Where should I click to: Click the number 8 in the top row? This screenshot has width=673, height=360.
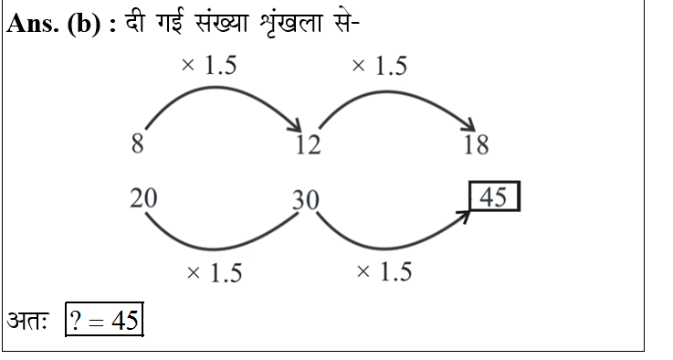click(x=137, y=143)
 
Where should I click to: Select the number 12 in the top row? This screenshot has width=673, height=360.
click(x=308, y=144)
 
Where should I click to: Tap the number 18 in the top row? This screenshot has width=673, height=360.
click(x=476, y=144)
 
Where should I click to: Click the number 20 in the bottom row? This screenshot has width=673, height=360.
click(x=142, y=196)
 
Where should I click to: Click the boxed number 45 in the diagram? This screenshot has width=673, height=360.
click(x=494, y=197)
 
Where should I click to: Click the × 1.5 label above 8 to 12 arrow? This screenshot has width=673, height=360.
click(x=210, y=66)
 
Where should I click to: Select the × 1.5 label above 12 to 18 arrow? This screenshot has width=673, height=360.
click(x=379, y=66)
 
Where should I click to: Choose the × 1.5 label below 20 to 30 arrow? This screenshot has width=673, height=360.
click(x=214, y=273)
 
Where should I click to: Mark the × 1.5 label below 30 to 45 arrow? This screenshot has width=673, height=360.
click(x=384, y=271)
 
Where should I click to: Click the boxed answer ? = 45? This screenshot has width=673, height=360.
click(x=105, y=321)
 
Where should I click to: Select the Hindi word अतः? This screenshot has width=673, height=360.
click(x=27, y=321)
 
